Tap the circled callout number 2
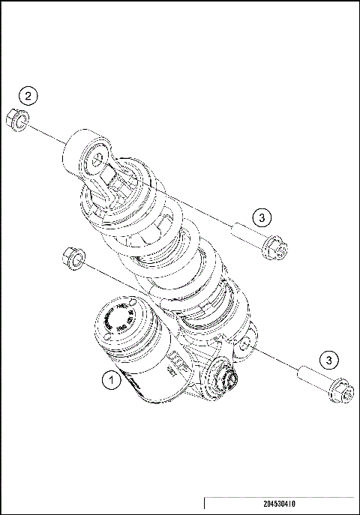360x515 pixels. (x=28, y=96)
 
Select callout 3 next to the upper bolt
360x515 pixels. (x=259, y=217)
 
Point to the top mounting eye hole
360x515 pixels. (x=97, y=157)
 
